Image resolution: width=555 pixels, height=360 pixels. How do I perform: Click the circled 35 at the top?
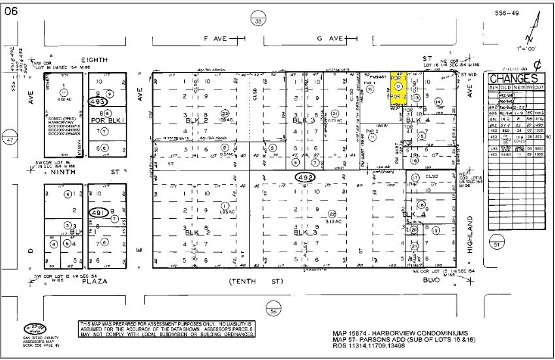(x=259, y=22)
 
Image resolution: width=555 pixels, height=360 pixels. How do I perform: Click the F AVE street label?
(x=215, y=39)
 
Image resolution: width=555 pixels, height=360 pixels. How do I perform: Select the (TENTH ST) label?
(x=257, y=282)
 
